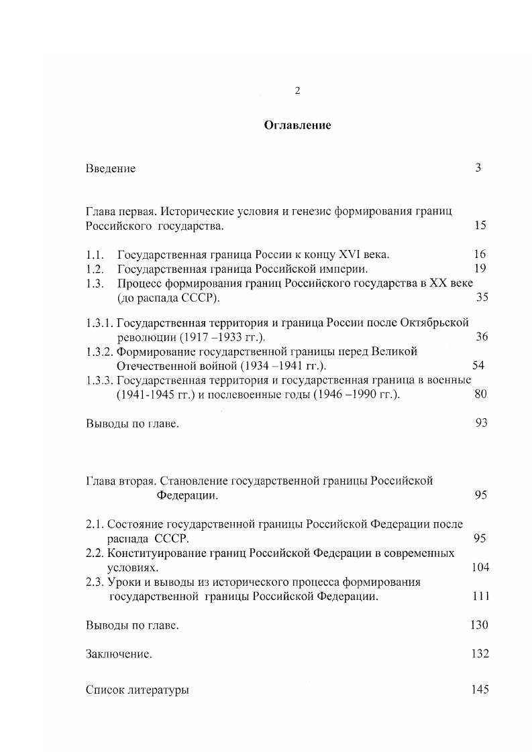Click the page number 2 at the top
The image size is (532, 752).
[297, 92]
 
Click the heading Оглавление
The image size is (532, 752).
[297, 125]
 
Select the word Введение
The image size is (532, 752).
[111, 168]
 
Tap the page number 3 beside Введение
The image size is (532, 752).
[478, 168]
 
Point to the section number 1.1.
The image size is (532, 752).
[94, 254]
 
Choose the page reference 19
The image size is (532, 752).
[479, 269]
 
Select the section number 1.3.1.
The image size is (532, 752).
[100, 322]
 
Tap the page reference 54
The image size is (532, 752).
[478, 365]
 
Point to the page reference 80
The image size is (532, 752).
[480, 393]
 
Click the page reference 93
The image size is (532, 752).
[480, 422]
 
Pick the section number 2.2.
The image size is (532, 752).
[94, 553]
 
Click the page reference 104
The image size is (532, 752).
[480, 567]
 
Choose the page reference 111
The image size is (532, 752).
[480, 596]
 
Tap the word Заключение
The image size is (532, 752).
[119, 654]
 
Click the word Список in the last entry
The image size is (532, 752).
[105, 690]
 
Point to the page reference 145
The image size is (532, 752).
[480, 690]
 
